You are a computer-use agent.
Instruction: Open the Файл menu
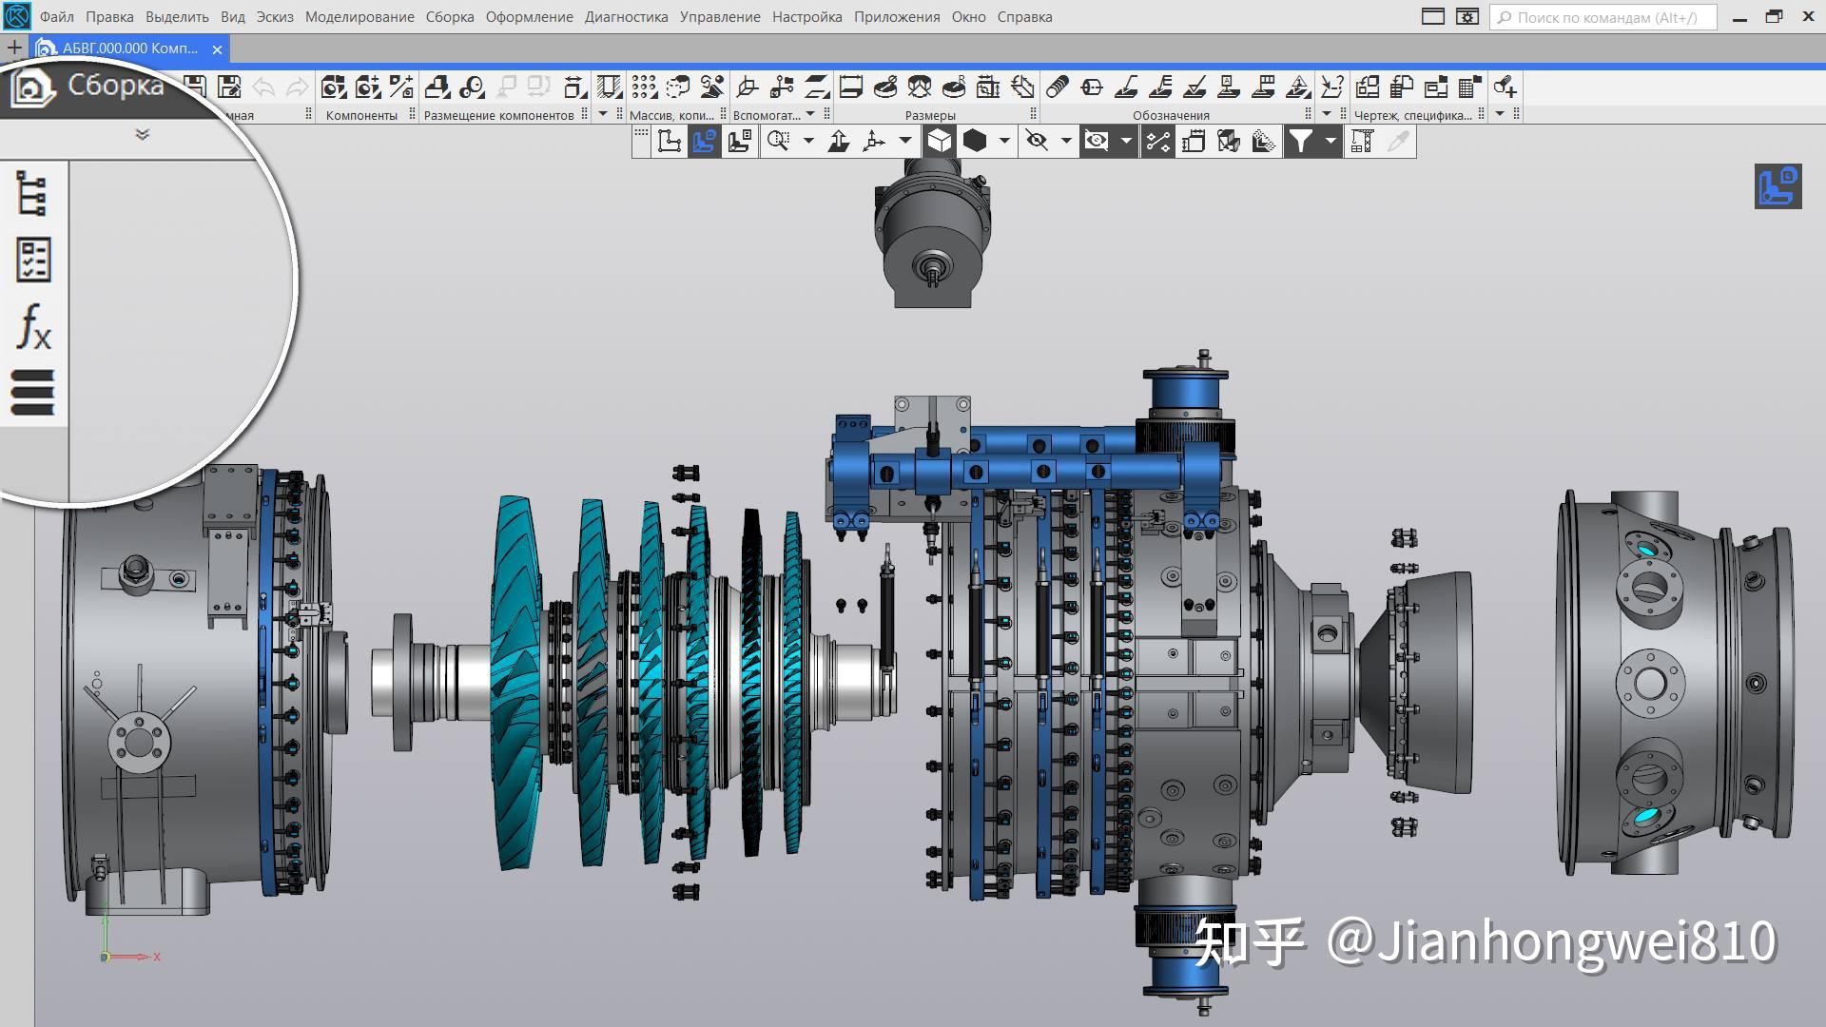click(x=56, y=17)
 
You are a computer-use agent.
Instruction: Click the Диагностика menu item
click(x=626, y=17)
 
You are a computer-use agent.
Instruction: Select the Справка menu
click(x=1024, y=17)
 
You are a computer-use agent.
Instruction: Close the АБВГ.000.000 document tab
click(x=218, y=49)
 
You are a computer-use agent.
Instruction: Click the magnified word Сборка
click(x=115, y=86)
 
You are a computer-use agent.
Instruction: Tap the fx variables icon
click(x=34, y=327)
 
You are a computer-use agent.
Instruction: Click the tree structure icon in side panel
click(x=32, y=193)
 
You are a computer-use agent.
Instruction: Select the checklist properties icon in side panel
click(x=33, y=260)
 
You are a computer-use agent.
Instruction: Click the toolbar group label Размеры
click(x=929, y=116)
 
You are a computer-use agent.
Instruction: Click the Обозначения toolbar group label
click(x=1171, y=116)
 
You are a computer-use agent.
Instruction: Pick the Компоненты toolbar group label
click(x=361, y=116)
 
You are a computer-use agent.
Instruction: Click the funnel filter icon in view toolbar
click(x=1299, y=142)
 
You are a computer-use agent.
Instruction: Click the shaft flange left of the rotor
click(x=403, y=682)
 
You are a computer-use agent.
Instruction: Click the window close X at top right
click(x=1808, y=17)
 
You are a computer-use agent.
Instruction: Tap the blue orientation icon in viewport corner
click(x=1777, y=186)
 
